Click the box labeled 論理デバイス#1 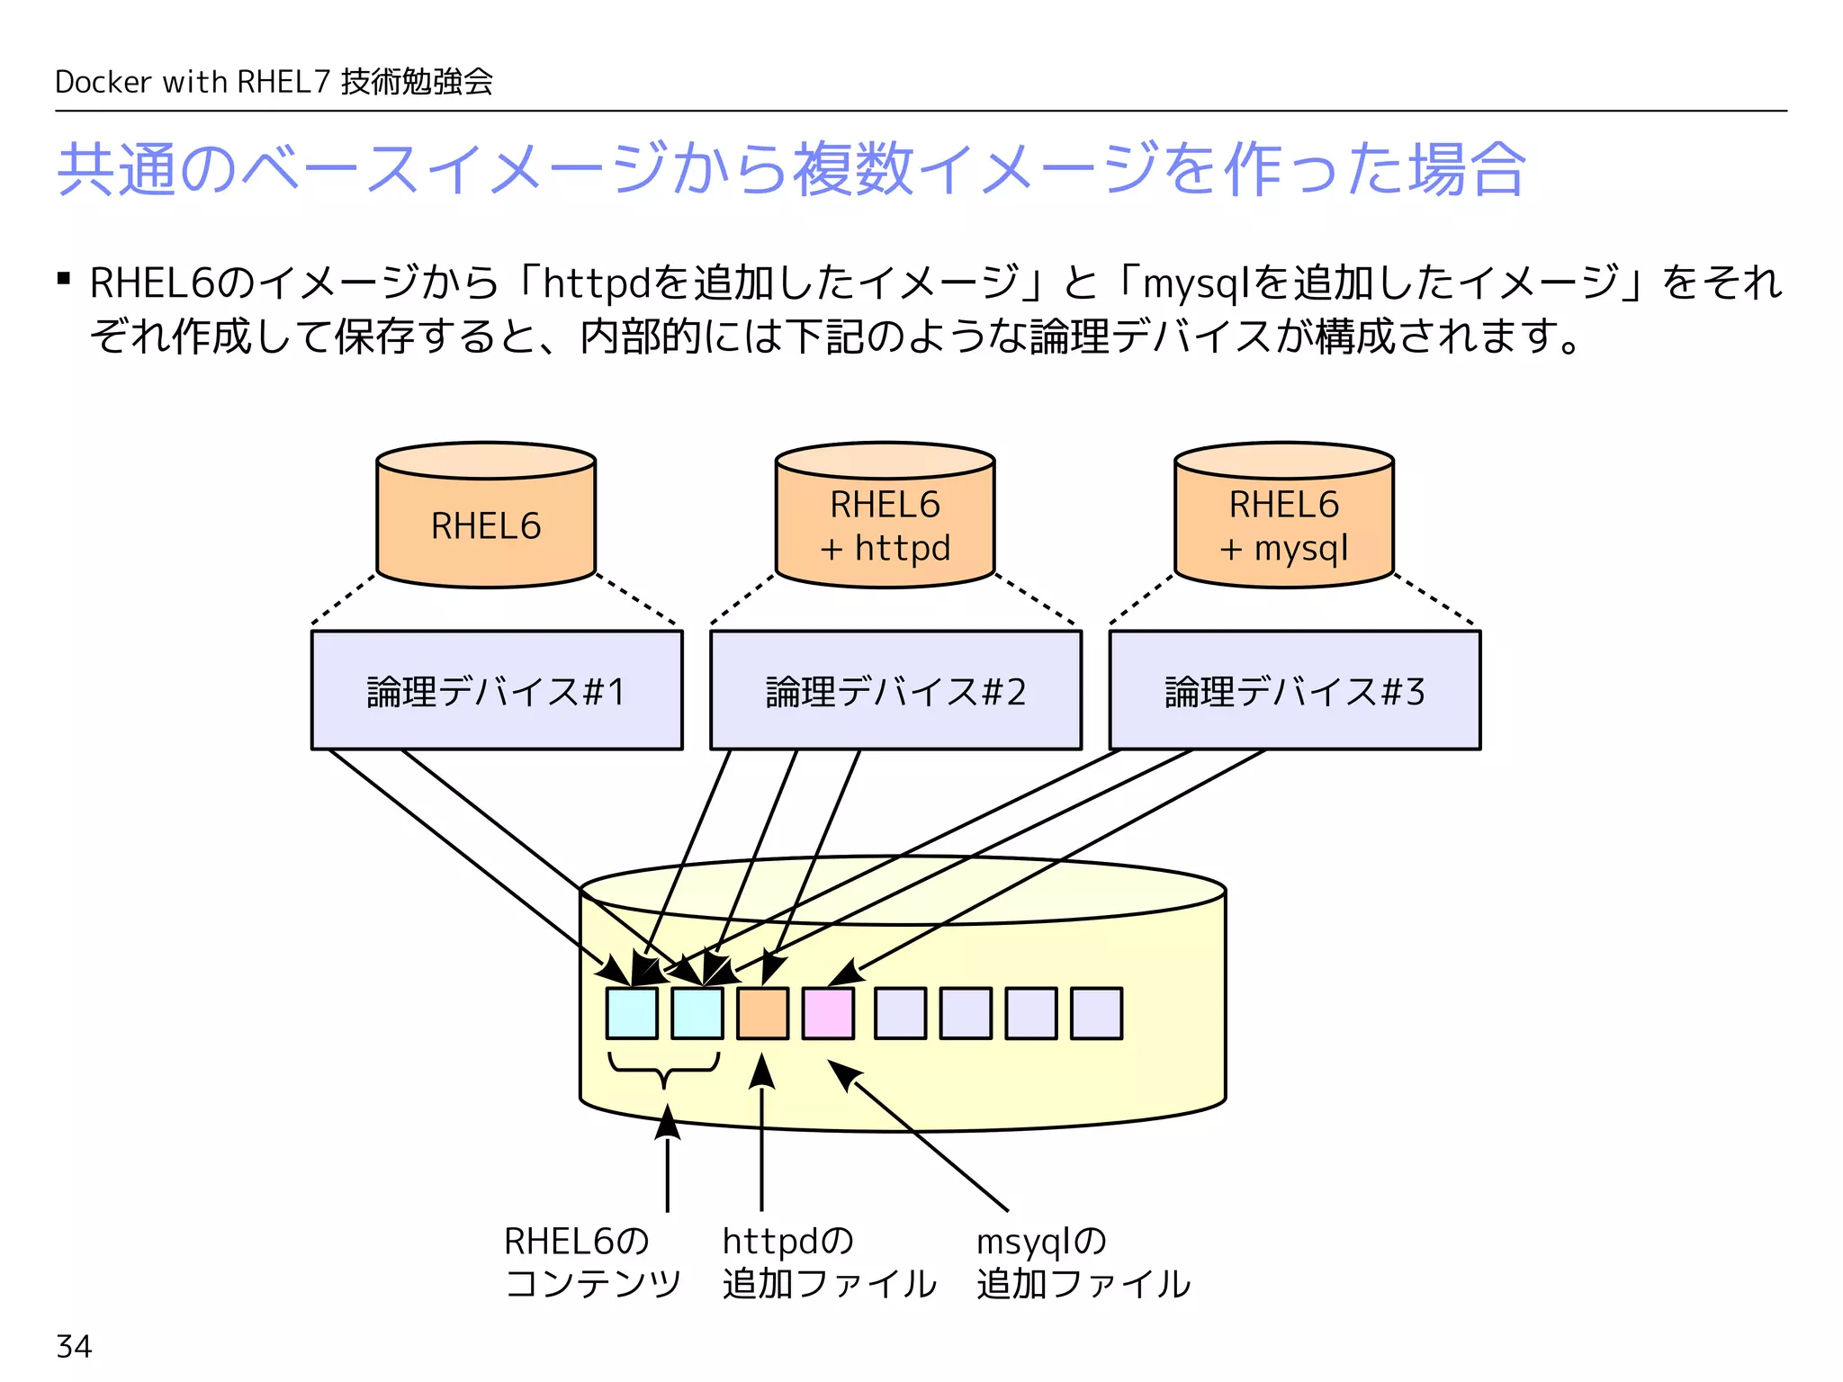pos(497,690)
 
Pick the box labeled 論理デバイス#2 pos(895,690)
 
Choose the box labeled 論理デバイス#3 pos(1294,690)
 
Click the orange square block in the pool pos(762,1013)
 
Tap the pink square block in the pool pos(828,1013)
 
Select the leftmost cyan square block pos(632,1013)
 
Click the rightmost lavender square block pos(1096,1013)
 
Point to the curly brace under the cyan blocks pos(664,1068)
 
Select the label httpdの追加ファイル pos(828,1261)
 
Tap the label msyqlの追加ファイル pos(1083,1261)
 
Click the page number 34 pos(74,1346)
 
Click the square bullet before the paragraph pos(63,279)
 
